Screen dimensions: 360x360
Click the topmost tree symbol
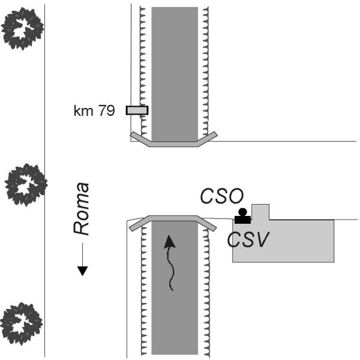[22, 28]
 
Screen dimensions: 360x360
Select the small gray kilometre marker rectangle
[137, 110]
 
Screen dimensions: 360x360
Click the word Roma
[82, 208]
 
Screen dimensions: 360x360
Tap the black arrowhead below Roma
[83, 270]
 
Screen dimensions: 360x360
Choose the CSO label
[223, 196]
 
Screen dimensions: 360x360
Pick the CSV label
[247, 239]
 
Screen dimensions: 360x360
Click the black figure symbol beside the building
[242, 215]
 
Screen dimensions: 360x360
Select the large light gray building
[288, 240]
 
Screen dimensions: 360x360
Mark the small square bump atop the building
[260, 212]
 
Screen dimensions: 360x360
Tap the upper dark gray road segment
[175, 72]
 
